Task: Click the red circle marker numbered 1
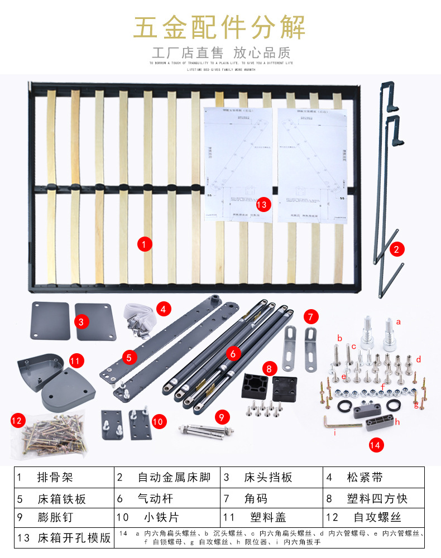(144, 244)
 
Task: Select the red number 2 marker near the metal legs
(396, 249)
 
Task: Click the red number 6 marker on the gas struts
(233, 353)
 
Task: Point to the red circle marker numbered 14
(376, 445)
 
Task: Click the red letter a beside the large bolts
(399, 322)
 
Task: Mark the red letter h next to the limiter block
(397, 422)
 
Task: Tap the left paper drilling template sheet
(238, 165)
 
